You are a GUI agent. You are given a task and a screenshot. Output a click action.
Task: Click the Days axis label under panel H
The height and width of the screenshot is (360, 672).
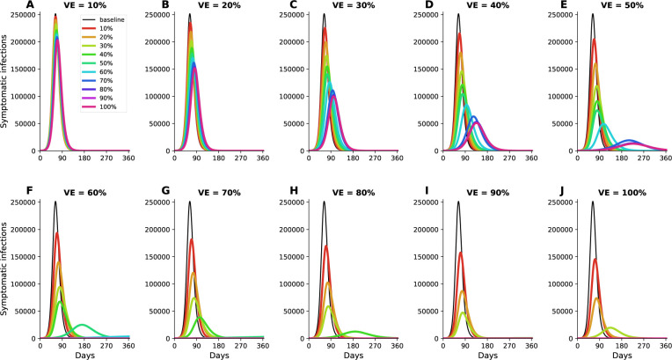click(x=353, y=356)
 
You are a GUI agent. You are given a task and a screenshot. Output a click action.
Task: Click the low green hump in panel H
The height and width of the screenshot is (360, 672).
click(x=355, y=332)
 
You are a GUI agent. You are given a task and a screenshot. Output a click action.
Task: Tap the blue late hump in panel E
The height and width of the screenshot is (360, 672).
click(x=629, y=140)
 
